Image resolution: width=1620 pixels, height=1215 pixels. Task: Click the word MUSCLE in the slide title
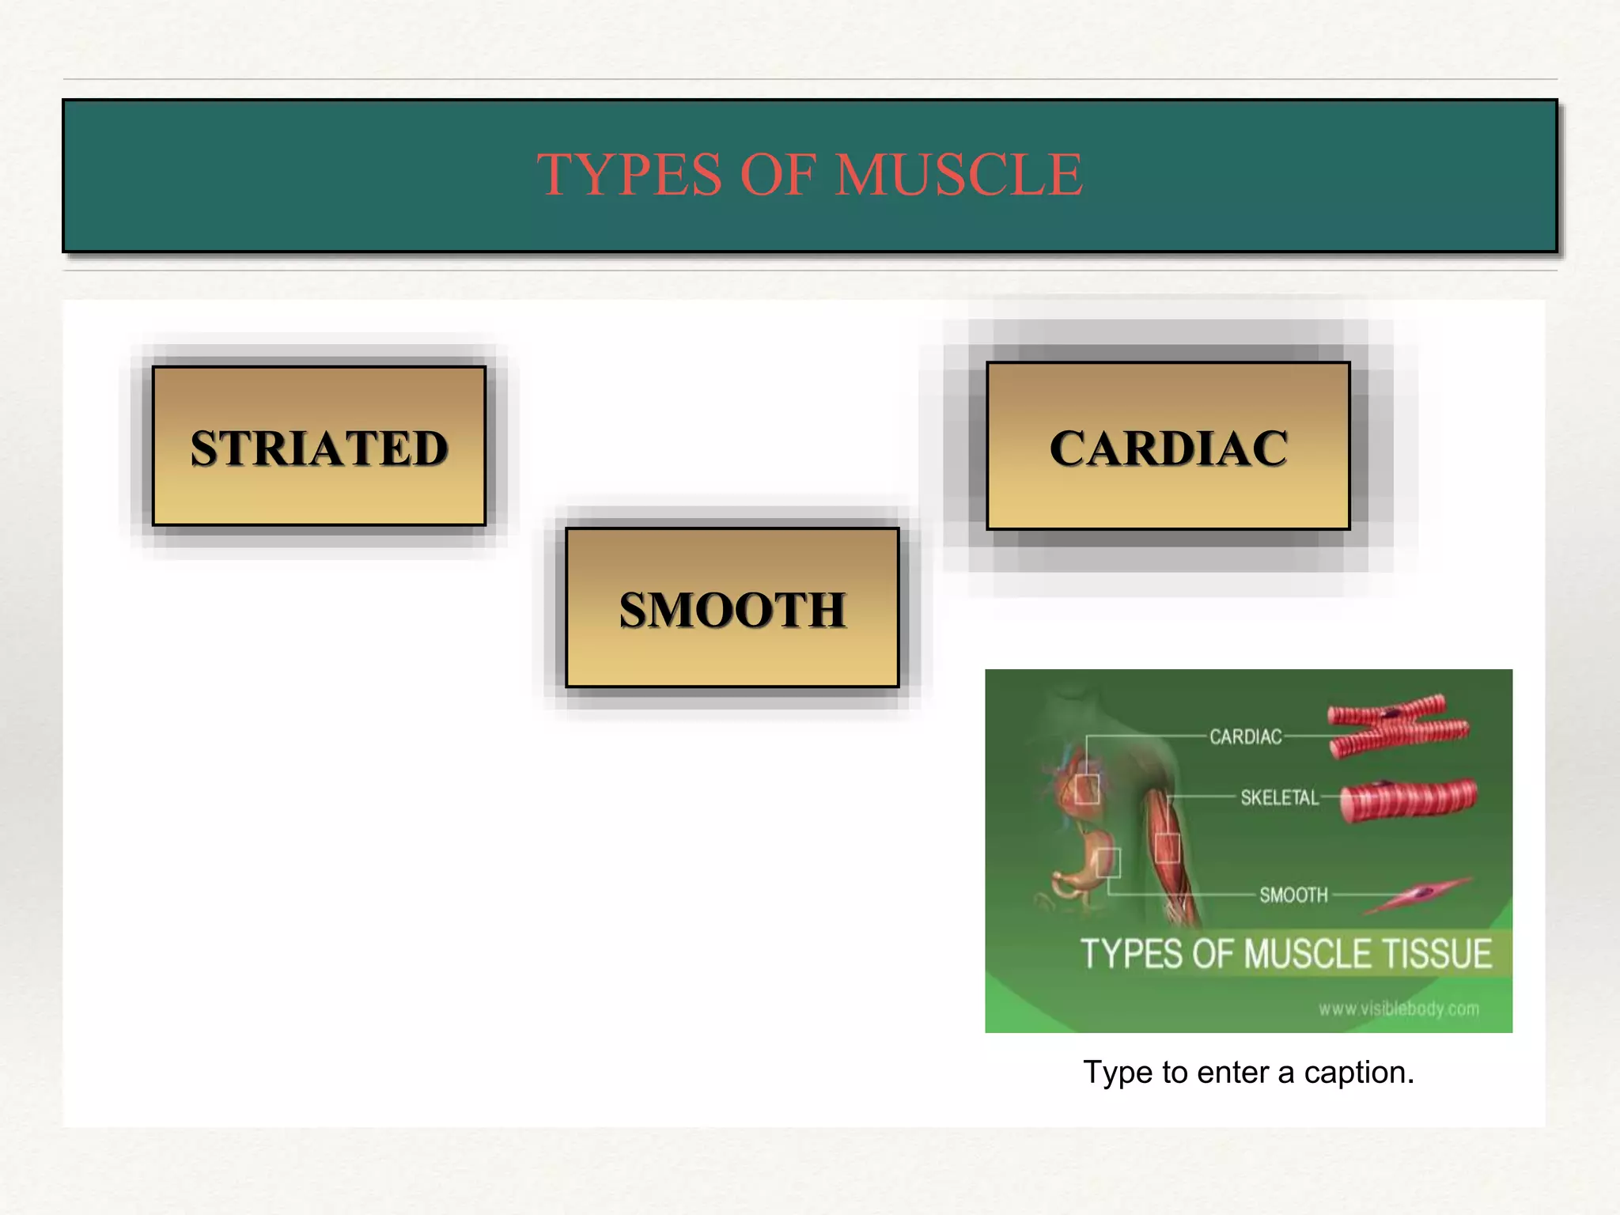click(x=959, y=175)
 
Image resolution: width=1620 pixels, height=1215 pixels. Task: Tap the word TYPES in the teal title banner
click(x=630, y=175)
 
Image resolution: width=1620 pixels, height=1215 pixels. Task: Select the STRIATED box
click(x=319, y=446)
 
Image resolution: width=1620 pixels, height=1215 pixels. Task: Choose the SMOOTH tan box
click(x=732, y=608)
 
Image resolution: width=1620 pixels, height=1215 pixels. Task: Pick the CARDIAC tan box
click(x=1168, y=446)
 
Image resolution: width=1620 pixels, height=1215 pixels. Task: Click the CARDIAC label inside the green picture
click(x=1245, y=737)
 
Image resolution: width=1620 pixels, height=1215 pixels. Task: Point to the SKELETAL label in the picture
click(x=1279, y=797)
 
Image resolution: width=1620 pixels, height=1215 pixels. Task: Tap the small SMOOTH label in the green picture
click(x=1293, y=895)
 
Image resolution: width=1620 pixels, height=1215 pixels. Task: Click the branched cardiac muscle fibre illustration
click(x=1396, y=724)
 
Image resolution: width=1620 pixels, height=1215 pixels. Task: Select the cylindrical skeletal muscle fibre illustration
click(x=1408, y=799)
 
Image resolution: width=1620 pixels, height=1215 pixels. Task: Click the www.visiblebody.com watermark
click(x=1399, y=1009)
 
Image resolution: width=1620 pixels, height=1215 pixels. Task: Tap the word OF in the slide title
click(x=778, y=175)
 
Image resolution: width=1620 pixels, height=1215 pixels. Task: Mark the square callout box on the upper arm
click(x=1168, y=847)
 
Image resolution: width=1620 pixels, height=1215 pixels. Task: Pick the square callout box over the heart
click(x=1087, y=789)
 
